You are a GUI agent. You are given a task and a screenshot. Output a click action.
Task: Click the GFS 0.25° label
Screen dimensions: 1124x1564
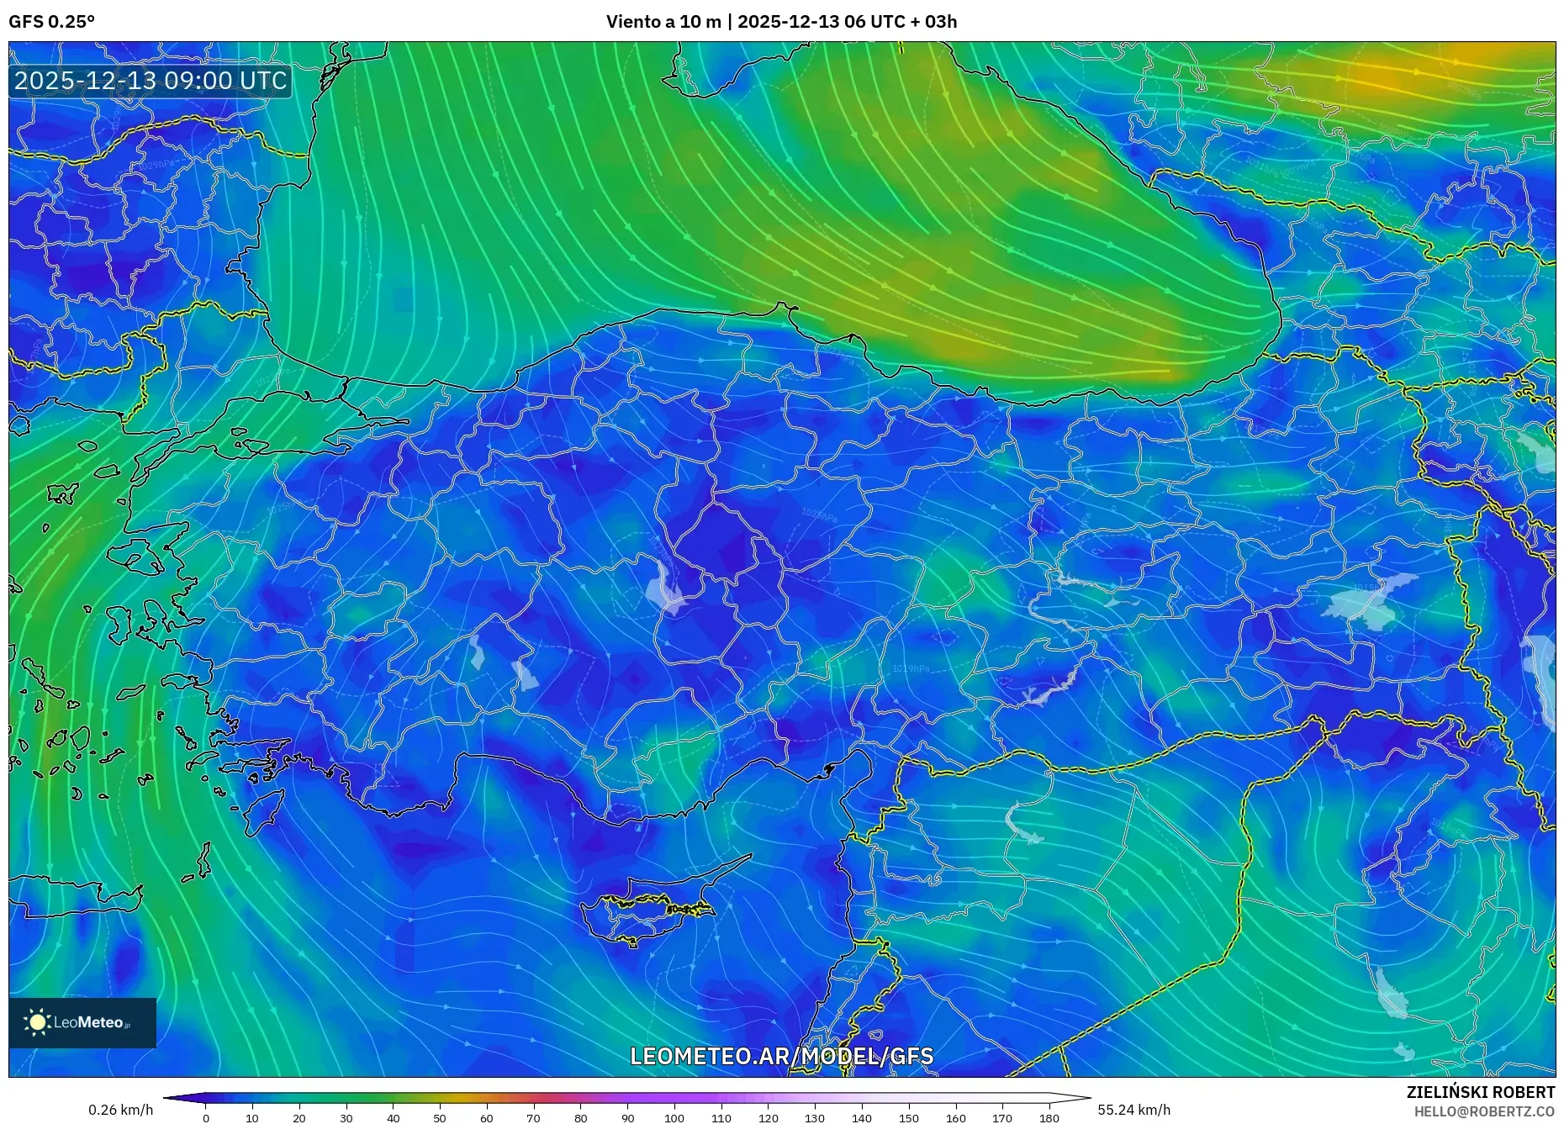(x=51, y=22)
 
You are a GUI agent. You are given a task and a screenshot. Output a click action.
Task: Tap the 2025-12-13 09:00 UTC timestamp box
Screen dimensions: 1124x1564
(x=151, y=81)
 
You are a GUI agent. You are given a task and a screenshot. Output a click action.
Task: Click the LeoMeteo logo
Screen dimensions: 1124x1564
(x=82, y=1022)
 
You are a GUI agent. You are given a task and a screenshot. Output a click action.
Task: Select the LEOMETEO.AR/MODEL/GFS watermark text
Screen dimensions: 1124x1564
(x=781, y=1056)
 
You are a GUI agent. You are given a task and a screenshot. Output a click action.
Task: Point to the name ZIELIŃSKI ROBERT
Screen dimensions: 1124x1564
(x=1480, y=1092)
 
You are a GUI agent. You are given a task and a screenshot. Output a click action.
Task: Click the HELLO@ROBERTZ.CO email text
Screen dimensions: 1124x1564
(x=1483, y=1111)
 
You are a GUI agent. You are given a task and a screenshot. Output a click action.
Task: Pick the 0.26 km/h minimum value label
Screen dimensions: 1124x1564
(x=121, y=1110)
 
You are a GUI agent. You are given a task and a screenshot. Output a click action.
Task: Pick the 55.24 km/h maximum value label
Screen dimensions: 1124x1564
(x=1133, y=1110)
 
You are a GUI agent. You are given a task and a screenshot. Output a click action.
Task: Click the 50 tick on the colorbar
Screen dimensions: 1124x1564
(x=440, y=1118)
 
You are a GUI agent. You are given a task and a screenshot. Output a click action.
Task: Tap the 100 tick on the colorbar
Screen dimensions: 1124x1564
(x=674, y=1118)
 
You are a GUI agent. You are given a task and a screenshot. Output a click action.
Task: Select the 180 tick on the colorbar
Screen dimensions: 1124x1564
(x=1049, y=1118)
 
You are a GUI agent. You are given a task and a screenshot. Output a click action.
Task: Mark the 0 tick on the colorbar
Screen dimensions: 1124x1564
(x=206, y=1118)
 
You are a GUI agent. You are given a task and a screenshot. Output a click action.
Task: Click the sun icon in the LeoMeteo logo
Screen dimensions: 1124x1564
(x=37, y=1022)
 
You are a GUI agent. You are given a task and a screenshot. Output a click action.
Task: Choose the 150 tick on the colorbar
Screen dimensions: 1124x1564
(x=908, y=1118)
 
